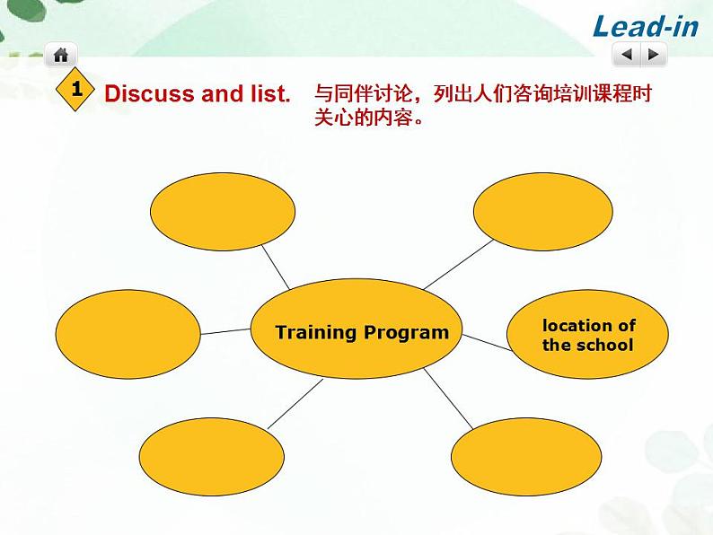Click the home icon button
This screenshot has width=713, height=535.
(60, 55)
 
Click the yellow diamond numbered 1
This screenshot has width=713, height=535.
(76, 90)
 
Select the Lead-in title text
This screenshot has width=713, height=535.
(646, 26)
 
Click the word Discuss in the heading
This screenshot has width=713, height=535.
(143, 93)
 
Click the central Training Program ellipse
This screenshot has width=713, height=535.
(356, 329)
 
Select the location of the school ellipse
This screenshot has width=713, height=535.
(588, 335)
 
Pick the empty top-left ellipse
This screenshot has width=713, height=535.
(222, 210)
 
